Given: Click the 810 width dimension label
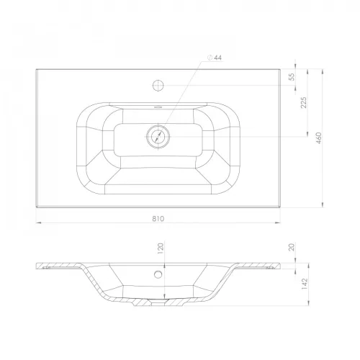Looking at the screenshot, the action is tap(158, 219).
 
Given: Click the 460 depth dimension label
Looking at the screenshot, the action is tap(319, 138).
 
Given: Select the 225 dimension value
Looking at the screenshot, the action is tap(304, 102).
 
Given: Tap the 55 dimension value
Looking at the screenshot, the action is tap(292, 77).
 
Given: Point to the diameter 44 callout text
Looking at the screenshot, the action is tap(215, 58).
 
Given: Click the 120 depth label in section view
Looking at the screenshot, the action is tap(161, 249).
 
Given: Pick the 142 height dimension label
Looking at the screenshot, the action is tap(304, 284).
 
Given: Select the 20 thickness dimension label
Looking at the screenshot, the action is tap(292, 247).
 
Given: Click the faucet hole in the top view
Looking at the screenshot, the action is tap(158, 85).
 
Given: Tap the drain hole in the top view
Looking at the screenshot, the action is tap(158, 137).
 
